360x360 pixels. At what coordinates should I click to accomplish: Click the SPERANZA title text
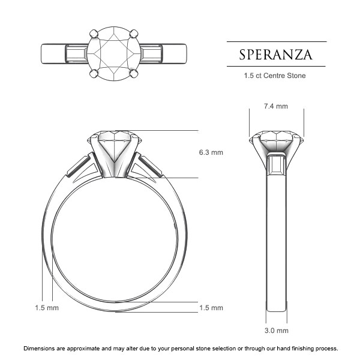coord(276,54)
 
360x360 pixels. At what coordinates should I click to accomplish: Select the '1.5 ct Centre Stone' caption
coord(276,76)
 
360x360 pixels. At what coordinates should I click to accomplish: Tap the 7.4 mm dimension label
coord(276,106)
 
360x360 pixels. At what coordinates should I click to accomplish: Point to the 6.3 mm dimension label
coord(211,152)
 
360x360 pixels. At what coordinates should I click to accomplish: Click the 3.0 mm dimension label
coord(276,331)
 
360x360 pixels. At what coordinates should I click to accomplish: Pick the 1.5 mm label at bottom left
coord(47,308)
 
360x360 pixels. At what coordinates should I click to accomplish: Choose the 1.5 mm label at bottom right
coord(211,308)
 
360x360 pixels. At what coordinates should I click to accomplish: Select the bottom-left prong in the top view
coord(94,74)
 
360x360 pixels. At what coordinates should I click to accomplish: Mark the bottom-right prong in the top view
coord(134,74)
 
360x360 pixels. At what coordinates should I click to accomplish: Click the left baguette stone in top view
coord(76,53)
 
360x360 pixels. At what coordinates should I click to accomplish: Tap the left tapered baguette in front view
coord(80,165)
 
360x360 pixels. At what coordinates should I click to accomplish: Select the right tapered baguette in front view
coord(148,165)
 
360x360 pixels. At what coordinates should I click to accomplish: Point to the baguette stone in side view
coord(276,164)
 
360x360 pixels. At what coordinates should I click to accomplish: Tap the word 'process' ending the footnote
coord(325,348)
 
